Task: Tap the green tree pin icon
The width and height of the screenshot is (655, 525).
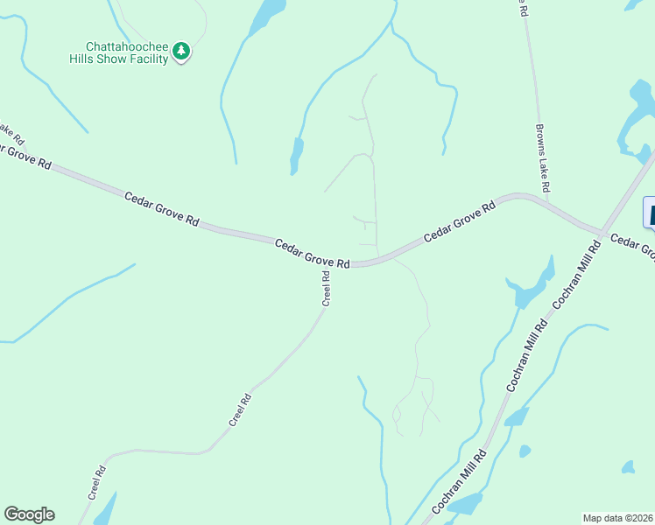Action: point(181,52)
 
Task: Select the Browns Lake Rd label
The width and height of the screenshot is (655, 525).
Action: point(543,158)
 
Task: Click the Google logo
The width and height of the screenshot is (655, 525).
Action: point(29,514)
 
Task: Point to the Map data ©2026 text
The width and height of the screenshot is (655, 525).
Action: point(617,517)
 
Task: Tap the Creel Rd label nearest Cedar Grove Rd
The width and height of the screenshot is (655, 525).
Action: point(327,287)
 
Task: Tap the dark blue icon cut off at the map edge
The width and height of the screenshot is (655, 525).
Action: point(649,213)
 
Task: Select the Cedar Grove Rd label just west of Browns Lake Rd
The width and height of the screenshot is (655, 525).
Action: point(460,222)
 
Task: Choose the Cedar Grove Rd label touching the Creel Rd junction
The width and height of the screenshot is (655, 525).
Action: point(313,253)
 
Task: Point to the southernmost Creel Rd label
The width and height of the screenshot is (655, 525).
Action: point(96,483)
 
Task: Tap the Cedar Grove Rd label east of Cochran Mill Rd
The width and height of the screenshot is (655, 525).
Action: point(632,248)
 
